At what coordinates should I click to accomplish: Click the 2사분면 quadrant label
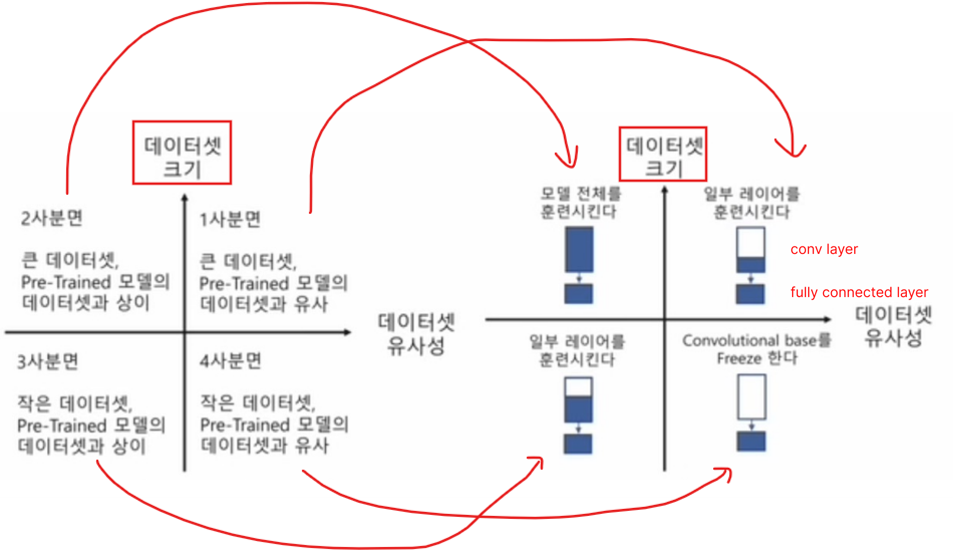click(51, 219)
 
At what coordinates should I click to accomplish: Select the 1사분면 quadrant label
click(230, 219)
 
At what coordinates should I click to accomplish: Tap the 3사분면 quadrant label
click(48, 361)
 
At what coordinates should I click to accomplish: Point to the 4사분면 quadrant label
click(230, 361)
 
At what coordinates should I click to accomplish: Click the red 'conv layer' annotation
click(824, 249)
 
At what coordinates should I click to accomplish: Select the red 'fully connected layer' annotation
click(859, 292)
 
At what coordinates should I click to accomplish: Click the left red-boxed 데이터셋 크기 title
click(182, 153)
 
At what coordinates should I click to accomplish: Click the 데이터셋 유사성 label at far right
click(893, 326)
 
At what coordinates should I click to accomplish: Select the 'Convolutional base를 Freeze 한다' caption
click(756, 349)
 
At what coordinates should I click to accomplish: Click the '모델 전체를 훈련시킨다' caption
click(580, 202)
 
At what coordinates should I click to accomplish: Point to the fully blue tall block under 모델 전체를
click(579, 249)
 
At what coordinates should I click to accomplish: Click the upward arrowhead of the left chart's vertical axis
click(185, 198)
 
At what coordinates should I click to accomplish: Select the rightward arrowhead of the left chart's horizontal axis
click(347, 332)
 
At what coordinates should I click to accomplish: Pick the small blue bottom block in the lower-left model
click(578, 444)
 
